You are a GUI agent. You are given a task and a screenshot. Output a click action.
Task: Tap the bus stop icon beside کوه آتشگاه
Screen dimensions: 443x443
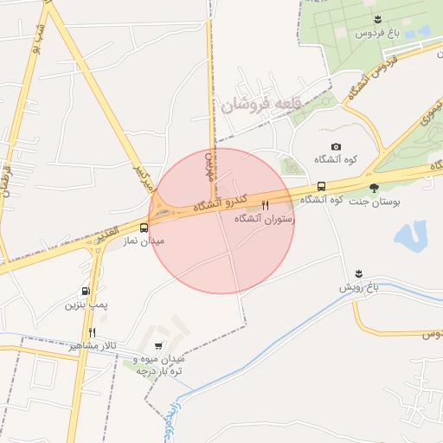click(x=322, y=186)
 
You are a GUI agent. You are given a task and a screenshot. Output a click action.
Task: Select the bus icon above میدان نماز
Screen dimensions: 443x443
click(x=144, y=228)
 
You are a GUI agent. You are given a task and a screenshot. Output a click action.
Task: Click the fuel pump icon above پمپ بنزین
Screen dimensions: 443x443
click(x=85, y=292)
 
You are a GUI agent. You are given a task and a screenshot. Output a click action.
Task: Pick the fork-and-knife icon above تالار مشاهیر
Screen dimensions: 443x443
click(x=92, y=331)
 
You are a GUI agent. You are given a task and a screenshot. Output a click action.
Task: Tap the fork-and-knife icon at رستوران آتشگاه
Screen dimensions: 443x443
click(x=265, y=206)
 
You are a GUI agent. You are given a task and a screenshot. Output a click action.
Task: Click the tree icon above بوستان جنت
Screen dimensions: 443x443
click(x=374, y=187)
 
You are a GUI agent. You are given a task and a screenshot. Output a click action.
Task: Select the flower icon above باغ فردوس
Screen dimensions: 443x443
click(x=376, y=19)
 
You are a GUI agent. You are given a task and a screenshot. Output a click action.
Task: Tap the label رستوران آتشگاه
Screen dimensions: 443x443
click(x=265, y=220)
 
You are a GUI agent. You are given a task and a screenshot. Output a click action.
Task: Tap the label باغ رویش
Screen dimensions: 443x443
click(x=360, y=286)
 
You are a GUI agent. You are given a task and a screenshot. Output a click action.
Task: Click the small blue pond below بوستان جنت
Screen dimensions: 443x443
click(x=410, y=235)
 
